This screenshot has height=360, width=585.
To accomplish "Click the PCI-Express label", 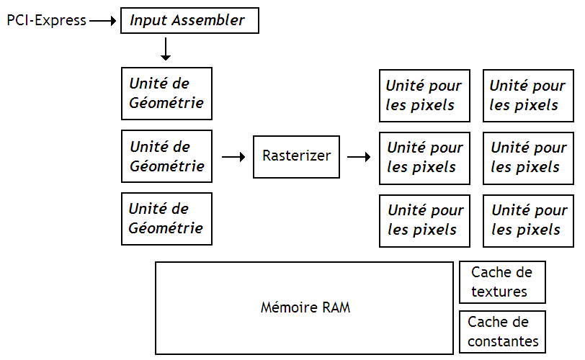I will pos(46,20).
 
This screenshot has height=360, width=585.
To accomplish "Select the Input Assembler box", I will pos(189,20).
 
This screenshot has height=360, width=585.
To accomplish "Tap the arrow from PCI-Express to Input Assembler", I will pos(103,21).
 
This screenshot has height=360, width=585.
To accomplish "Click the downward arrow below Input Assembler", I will pos(166,49).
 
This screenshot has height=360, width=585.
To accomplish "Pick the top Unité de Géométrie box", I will pos(166,94).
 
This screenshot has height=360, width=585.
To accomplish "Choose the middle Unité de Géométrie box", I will pos(166,156).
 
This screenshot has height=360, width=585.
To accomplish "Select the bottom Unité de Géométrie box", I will pos(166,219).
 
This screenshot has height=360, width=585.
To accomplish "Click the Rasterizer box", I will pos(296,156).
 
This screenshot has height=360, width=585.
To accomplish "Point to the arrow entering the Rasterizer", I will pos(233,156).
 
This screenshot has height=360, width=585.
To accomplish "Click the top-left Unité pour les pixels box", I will pos(425,96).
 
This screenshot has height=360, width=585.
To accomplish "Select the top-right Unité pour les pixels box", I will pos(528,96).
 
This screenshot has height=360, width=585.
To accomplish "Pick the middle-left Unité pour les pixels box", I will pos(425,158).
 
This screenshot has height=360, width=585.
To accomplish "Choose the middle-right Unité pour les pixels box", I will pos(528,158).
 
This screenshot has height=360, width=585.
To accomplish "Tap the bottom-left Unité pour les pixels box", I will pos(425,220).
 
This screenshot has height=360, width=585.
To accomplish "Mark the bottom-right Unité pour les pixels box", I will pos(528,220).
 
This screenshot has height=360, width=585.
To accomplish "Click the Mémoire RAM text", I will pos(305,308).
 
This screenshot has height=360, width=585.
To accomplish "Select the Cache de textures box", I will pos(502,282).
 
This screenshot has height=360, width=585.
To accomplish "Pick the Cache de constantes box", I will pos(502,332).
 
